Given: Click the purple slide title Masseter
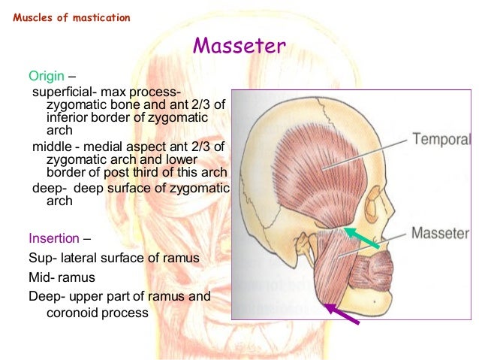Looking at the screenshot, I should click(x=239, y=47).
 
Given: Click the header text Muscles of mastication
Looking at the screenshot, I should click(x=71, y=17).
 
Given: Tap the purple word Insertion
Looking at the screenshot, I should click(x=53, y=239).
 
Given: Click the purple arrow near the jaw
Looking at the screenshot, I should click(x=341, y=313).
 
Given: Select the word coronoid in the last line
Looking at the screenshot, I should click(x=74, y=310).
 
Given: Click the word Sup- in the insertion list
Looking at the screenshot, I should click(x=42, y=258).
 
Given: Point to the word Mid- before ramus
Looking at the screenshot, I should click(x=42, y=277).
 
